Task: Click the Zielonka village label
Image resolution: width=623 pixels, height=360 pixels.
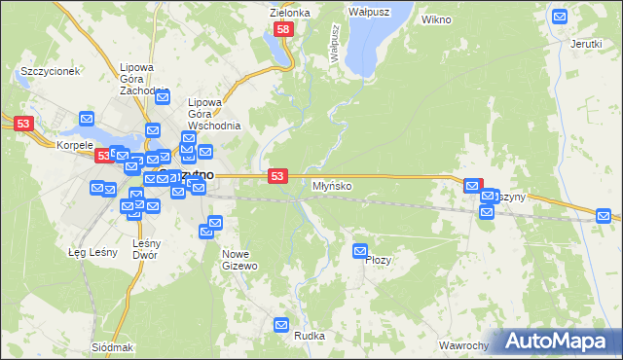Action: (x=289, y=13)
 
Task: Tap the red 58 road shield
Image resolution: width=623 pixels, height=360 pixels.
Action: (x=283, y=31)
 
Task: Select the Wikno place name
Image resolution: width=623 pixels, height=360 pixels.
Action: (x=437, y=18)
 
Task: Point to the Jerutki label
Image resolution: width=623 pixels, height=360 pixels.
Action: (x=586, y=44)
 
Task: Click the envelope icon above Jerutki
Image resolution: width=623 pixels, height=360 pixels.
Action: (x=560, y=17)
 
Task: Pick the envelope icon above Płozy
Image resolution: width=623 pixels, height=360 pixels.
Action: (x=361, y=251)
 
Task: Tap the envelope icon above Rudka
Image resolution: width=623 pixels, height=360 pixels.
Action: (x=282, y=326)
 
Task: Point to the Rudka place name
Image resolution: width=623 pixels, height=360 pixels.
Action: (x=310, y=338)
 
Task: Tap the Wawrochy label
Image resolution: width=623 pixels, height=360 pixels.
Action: (x=462, y=345)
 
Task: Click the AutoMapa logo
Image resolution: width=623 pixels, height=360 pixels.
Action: (x=560, y=342)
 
